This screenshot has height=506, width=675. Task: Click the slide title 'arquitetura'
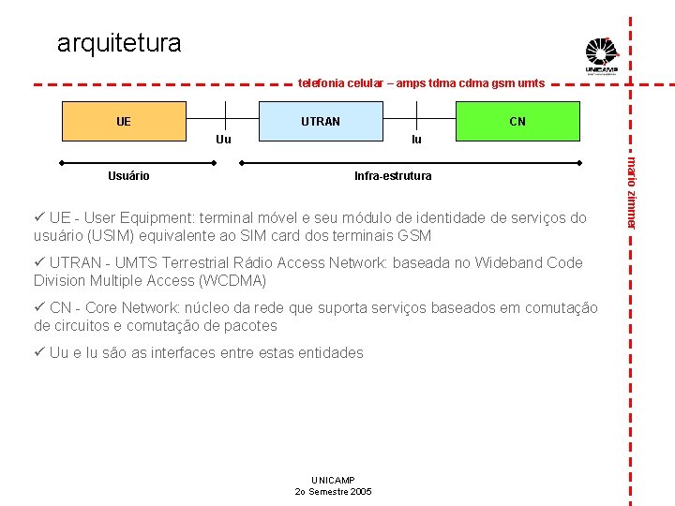119,43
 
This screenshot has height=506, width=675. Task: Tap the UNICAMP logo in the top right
602,55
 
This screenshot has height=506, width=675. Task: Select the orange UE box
123,121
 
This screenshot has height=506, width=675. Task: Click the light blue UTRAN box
321,121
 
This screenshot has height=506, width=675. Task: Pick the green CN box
517,121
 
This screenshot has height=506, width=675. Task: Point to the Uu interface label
223,140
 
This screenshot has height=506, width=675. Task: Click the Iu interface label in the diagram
416,140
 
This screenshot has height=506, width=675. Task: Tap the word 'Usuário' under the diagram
128,175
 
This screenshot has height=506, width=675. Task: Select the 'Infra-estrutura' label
393,175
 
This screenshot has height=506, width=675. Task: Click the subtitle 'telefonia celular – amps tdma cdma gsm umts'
421,83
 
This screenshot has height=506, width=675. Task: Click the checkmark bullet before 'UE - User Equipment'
39,217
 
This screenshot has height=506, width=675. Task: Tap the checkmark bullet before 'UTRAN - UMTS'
39,262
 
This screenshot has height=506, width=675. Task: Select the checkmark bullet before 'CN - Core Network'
39,307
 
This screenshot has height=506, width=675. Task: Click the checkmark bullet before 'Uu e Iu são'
39,352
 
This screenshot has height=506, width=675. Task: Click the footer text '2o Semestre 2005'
333,491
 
